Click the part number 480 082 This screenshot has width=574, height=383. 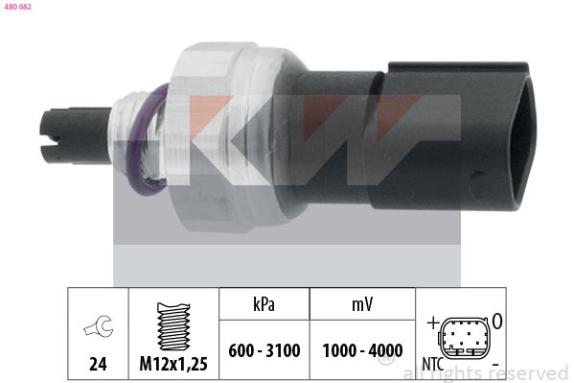[x=17, y=7]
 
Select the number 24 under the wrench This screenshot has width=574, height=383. [x=96, y=364]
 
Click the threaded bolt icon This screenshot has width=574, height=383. [x=172, y=328]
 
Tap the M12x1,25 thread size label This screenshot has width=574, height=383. [x=172, y=364]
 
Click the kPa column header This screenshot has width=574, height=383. [x=264, y=306]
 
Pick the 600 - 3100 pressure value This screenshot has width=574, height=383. [x=264, y=350]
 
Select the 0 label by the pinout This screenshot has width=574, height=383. [x=498, y=319]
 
